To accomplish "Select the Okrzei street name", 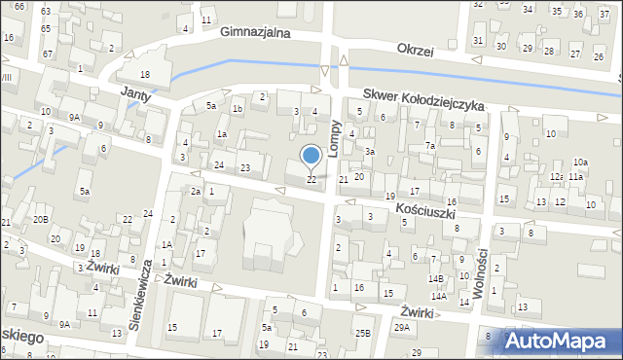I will click(x=421, y=49).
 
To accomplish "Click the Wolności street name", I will click(x=480, y=270).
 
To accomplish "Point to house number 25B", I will click(x=362, y=334).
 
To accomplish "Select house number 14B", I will click(x=437, y=278).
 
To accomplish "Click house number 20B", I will click(x=40, y=219).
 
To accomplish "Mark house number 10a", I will click(x=580, y=162).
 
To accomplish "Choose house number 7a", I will click(x=429, y=146).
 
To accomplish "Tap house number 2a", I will click(x=196, y=192).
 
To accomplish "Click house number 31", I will click(x=477, y=40).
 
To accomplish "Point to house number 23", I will click(x=245, y=168).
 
